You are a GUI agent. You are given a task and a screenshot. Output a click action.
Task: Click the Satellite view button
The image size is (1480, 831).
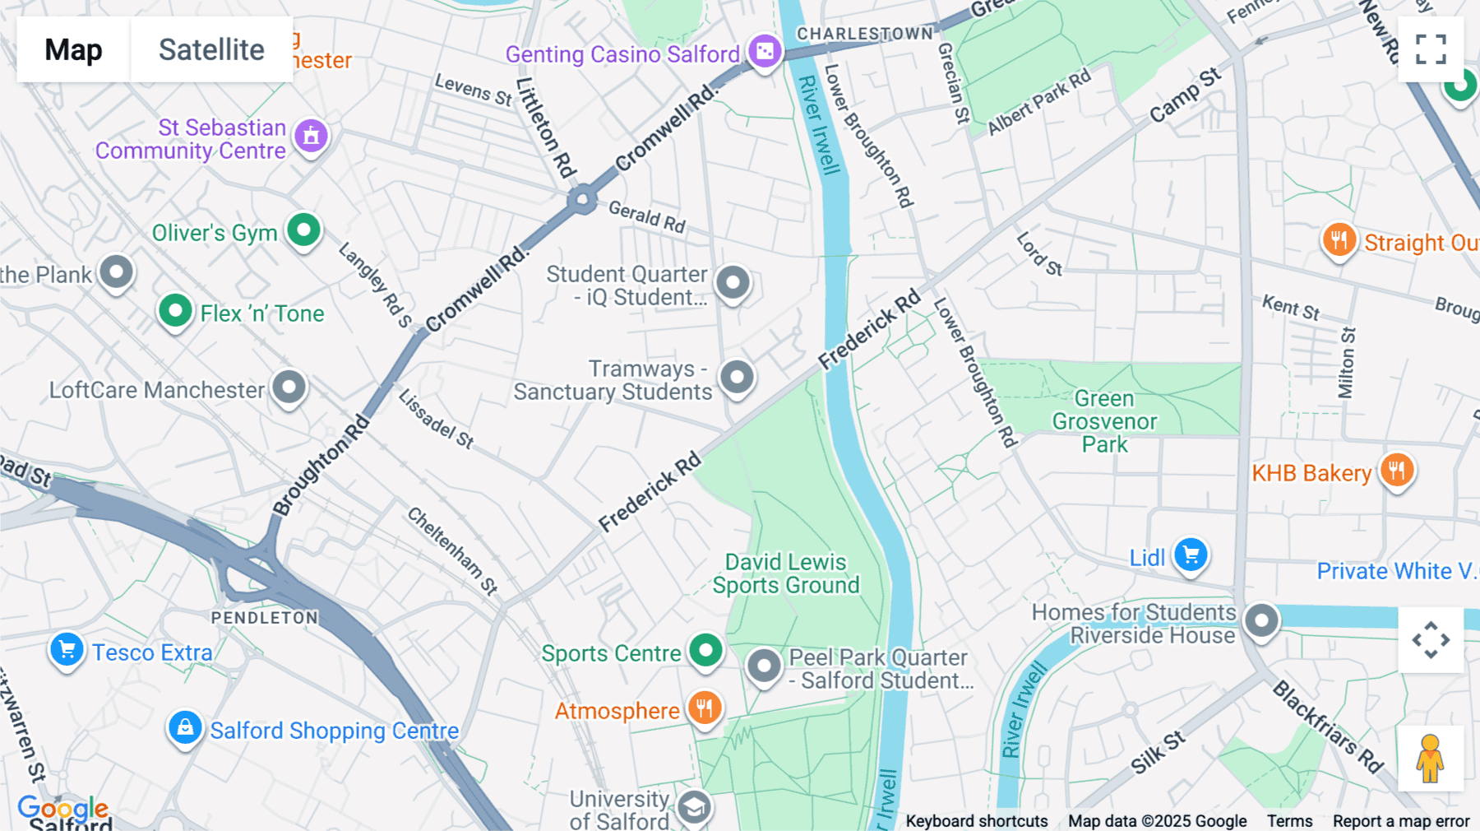[211, 49]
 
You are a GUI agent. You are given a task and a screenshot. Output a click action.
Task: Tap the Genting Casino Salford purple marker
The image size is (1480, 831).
[765, 52]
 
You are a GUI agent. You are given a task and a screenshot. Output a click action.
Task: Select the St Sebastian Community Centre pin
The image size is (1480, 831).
[311, 136]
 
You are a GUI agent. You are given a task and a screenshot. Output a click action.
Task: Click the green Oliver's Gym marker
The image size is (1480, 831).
[303, 230]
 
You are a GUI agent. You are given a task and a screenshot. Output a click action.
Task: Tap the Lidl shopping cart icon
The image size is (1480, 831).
[1190, 555]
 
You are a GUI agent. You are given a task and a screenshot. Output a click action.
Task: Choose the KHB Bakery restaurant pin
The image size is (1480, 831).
[1396, 471]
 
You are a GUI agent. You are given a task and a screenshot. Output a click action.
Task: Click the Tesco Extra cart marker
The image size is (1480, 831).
[67, 650]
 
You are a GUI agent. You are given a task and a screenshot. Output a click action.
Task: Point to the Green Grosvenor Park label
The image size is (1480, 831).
[1104, 421]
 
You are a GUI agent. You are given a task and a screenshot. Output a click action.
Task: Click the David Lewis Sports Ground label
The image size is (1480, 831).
[785, 573]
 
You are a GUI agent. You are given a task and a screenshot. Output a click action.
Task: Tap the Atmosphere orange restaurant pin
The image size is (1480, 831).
[704, 708]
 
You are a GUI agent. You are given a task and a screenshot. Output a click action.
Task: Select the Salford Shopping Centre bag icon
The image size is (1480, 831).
[185, 728]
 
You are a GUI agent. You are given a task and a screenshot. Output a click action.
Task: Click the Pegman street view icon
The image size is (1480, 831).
[1430, 759]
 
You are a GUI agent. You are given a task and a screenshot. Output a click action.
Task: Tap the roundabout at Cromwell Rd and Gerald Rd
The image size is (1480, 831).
[582, 199]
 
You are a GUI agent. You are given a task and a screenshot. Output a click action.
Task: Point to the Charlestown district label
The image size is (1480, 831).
[865, 34]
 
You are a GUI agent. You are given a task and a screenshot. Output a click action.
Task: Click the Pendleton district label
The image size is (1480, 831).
[264, 618]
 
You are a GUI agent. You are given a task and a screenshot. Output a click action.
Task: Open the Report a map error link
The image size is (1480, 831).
[1400, 821]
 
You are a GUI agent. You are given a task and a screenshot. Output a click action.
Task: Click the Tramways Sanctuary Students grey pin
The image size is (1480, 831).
[737, 378]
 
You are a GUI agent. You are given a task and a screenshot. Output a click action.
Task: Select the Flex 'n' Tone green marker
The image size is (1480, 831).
[175, 311]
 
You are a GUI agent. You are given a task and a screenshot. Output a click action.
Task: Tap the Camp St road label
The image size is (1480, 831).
[1185, 95]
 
